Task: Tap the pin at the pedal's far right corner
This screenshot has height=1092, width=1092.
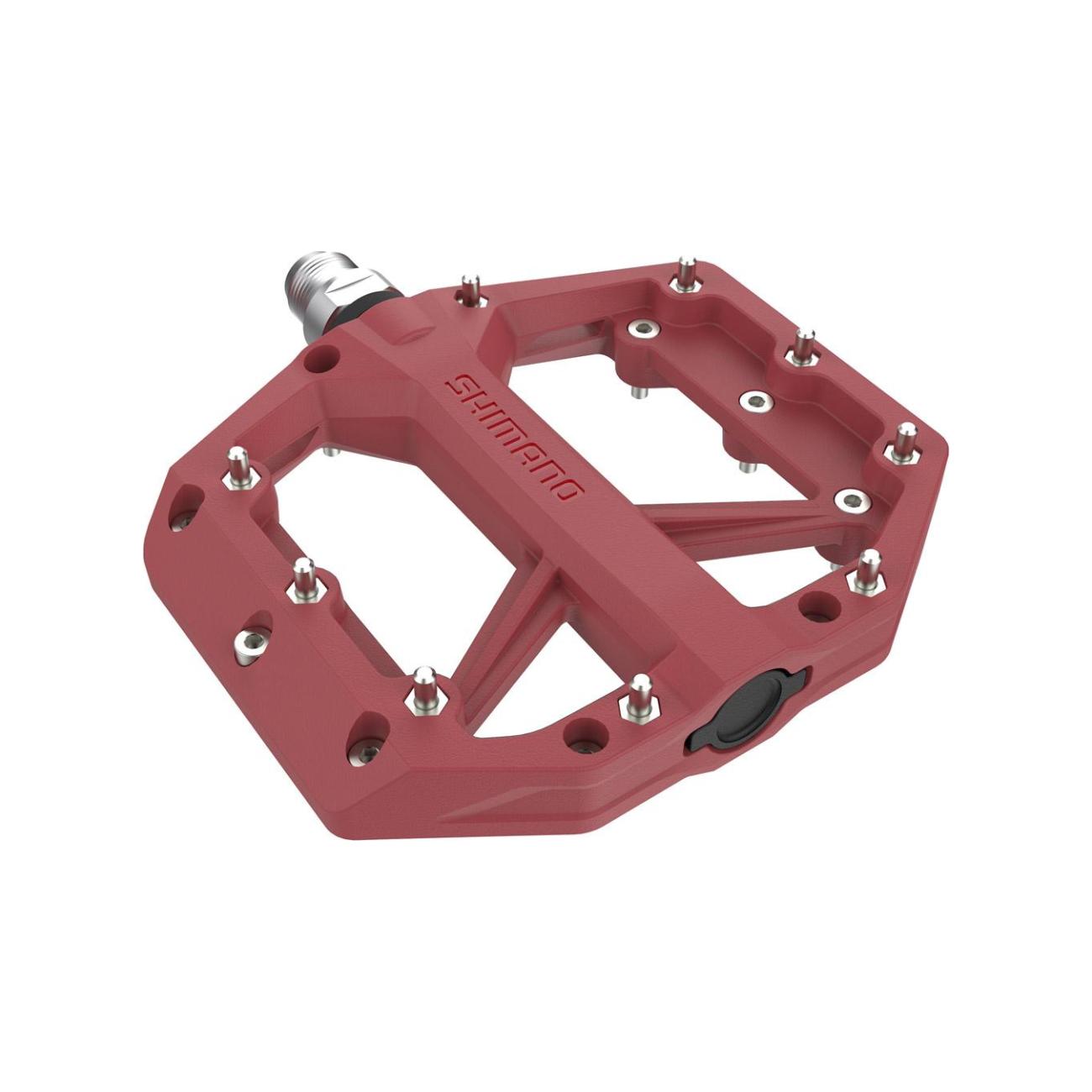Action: (x=903, y=444)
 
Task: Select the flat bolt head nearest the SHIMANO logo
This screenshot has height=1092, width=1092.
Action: (x=643, y=329)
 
